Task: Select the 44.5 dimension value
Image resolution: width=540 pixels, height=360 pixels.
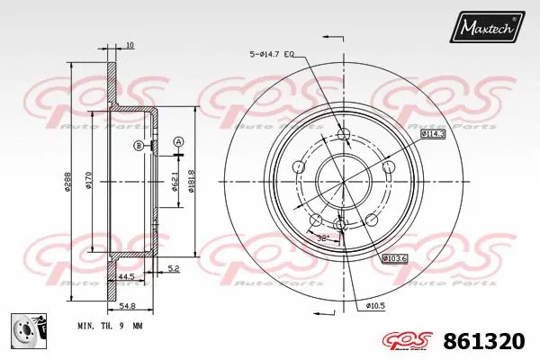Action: tap(126, 276)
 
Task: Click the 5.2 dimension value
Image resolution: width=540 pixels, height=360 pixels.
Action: tap(173, 268)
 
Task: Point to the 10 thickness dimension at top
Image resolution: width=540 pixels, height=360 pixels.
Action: tap(130, 45)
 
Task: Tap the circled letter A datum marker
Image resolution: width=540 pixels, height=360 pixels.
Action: tap(178, 141)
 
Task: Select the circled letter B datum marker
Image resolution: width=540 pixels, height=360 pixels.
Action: tap(138, 146)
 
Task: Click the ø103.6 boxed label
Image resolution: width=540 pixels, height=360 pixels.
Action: tap(396, 258)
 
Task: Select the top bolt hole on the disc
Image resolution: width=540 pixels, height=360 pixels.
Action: tap(342, 135)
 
